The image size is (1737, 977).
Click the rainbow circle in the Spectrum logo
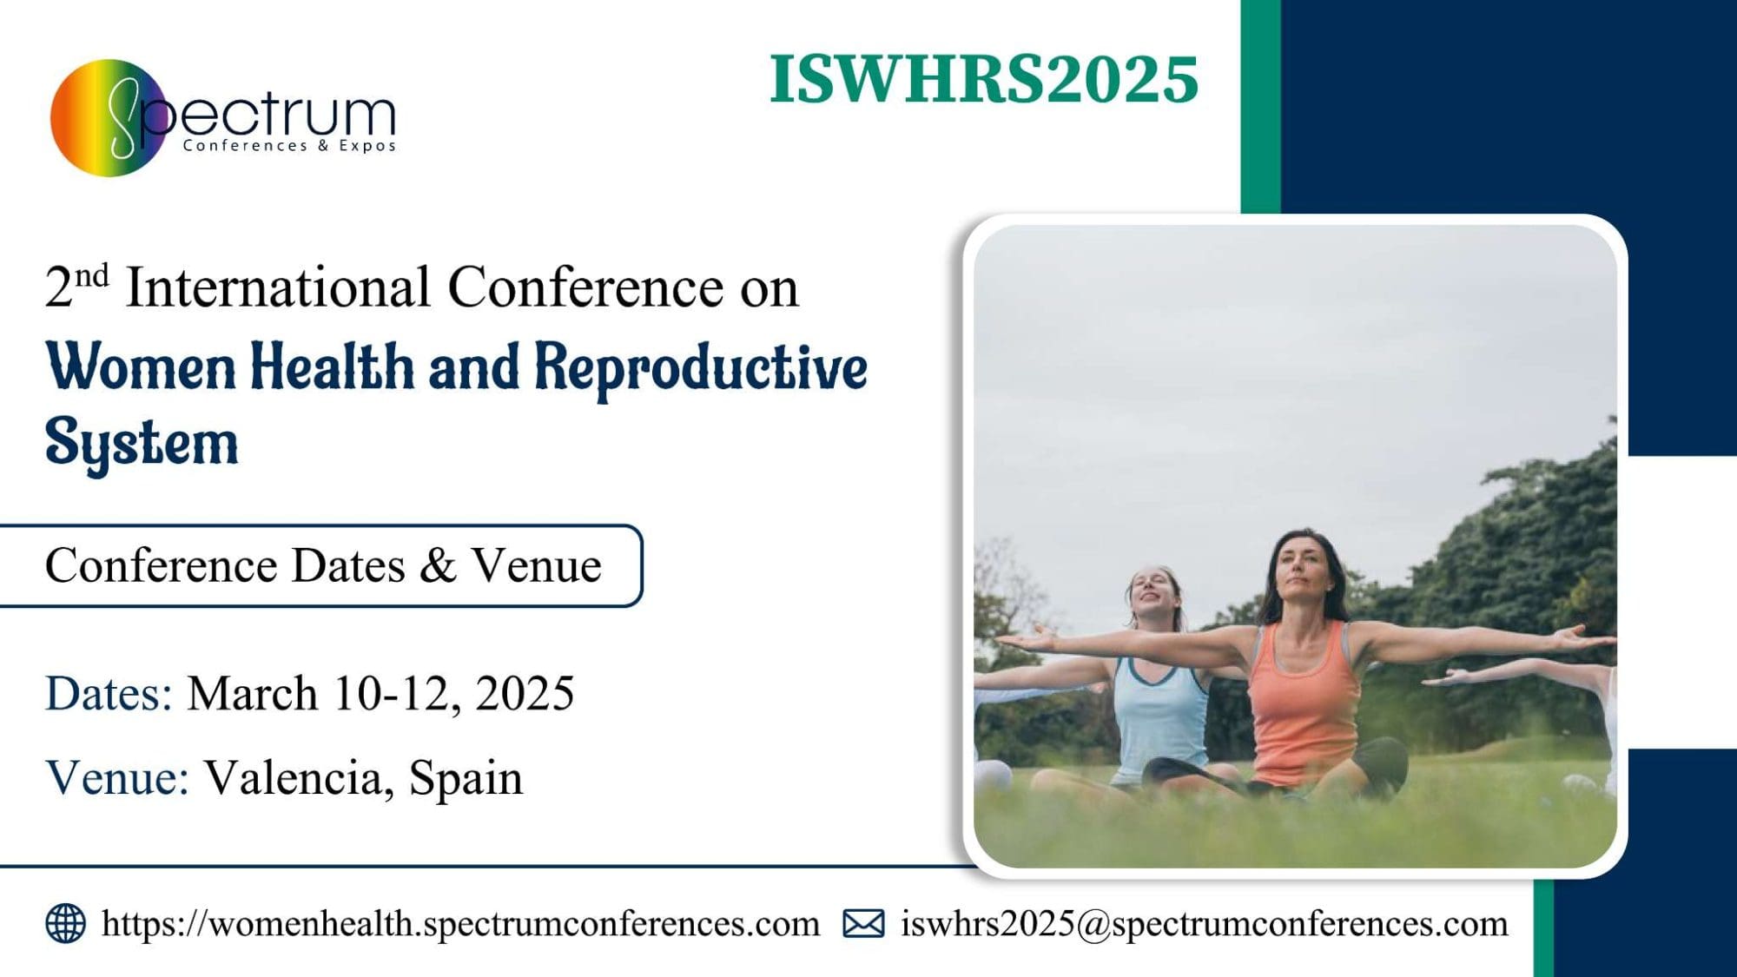pos(108,118)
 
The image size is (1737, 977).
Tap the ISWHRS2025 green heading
pos(984,79)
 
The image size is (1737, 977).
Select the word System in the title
pos(142,444)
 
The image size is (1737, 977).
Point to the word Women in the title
pos(141,366)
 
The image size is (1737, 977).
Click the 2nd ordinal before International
pos(76,286)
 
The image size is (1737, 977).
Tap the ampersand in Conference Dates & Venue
pos(438,565)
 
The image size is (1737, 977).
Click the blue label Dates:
pos(109,693)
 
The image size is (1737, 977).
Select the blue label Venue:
pos(117,777)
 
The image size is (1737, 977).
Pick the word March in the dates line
pos(253,693)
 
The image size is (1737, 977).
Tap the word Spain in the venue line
pos(466,779)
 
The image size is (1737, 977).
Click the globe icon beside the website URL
pos(66,923)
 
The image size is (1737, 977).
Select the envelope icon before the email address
pos(863,924)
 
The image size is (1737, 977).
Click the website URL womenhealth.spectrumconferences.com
pos(460,924)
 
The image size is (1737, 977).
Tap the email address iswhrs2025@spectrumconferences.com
pos(1205,924)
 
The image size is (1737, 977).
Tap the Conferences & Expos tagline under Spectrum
pos(289,146)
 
